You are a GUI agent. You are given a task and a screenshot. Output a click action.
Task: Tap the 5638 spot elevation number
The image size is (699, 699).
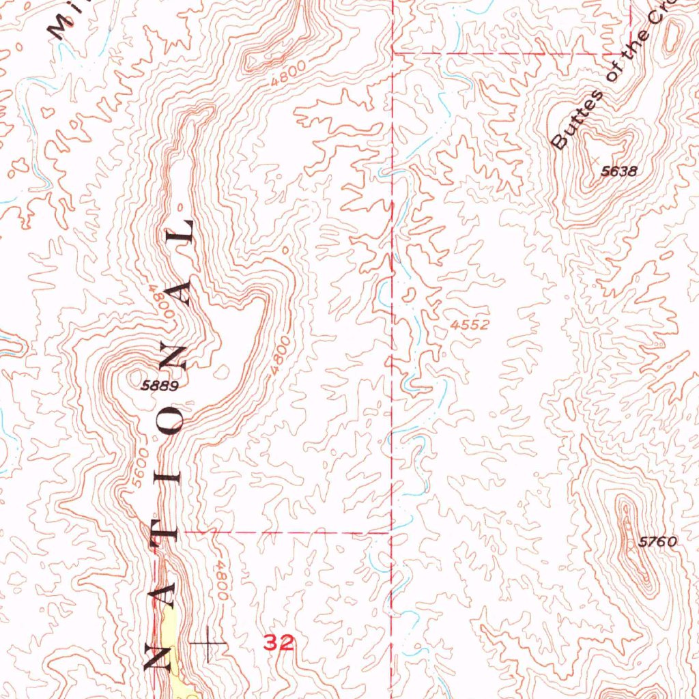[x=618, y=171]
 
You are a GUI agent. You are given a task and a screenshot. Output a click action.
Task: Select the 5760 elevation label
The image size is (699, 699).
[x=657, y=543]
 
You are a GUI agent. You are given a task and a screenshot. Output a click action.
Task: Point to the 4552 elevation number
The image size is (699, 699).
[x=470, y=326]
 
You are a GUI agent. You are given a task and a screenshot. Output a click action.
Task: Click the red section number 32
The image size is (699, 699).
[x=280, y=642]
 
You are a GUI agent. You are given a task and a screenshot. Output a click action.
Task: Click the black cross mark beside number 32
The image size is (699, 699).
[x=208, y=642]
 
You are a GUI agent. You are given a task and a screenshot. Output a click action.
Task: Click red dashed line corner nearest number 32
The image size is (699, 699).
[x=390, y=531]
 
